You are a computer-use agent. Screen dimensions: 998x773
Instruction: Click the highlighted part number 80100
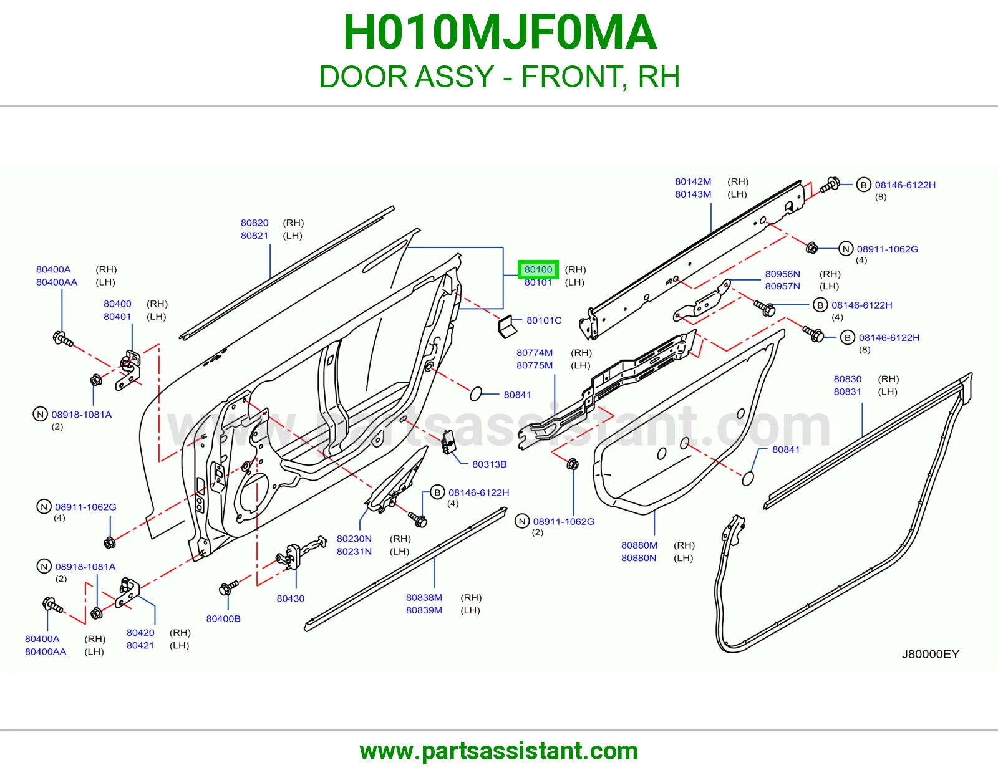[538, 269]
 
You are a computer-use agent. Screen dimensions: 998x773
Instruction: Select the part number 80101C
[544, 320]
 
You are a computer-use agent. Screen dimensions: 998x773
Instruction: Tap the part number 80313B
[489, 464]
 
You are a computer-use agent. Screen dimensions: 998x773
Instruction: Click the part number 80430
[290, 598]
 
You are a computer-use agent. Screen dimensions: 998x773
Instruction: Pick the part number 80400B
[223, 618]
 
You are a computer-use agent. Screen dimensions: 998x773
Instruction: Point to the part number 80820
[254, 223]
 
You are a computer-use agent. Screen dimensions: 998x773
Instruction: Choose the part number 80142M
[692, 181]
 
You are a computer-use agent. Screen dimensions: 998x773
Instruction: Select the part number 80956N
[782, 274]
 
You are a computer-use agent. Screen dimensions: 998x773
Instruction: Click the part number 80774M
[534, 353]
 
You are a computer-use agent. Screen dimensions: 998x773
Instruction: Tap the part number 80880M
[639, 545]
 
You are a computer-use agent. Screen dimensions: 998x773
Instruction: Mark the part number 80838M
[424, 597]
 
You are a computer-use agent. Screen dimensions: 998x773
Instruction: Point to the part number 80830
[847, 378]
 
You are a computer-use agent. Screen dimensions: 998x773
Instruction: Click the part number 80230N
[354, 539]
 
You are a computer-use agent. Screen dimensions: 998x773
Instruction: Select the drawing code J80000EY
[931, 654]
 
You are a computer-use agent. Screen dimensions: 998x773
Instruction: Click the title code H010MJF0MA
[500, 32]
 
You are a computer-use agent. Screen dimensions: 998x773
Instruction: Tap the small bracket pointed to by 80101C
[506, 326]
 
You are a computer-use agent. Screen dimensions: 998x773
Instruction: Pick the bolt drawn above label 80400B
[228, 587]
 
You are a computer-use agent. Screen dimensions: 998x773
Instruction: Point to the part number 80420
[140, 632]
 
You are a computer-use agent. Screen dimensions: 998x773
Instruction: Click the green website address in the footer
[499, 751]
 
